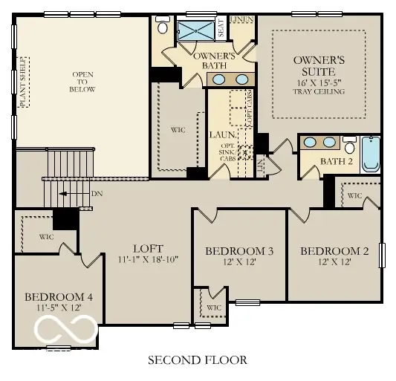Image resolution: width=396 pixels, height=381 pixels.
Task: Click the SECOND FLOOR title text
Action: click(197, 360)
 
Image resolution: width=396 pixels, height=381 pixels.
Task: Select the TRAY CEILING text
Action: click(319, 91)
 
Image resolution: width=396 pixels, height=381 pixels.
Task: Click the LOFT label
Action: click(148, 248)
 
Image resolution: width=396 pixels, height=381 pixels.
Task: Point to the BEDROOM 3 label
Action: click(239, 252)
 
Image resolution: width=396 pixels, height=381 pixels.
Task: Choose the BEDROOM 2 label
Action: click(334, 251)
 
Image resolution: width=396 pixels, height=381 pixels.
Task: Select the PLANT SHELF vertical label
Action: click(23, 82)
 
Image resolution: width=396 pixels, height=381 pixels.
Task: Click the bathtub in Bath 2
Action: click(369, 154)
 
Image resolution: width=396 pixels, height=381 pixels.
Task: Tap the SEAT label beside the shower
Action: click(221, 28)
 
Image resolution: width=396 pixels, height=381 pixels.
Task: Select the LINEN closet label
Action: click(241, 18)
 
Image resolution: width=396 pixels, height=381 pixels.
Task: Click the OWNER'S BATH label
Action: click(214, 62)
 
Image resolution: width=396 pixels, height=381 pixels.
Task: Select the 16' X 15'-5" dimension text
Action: click(319, 82)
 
